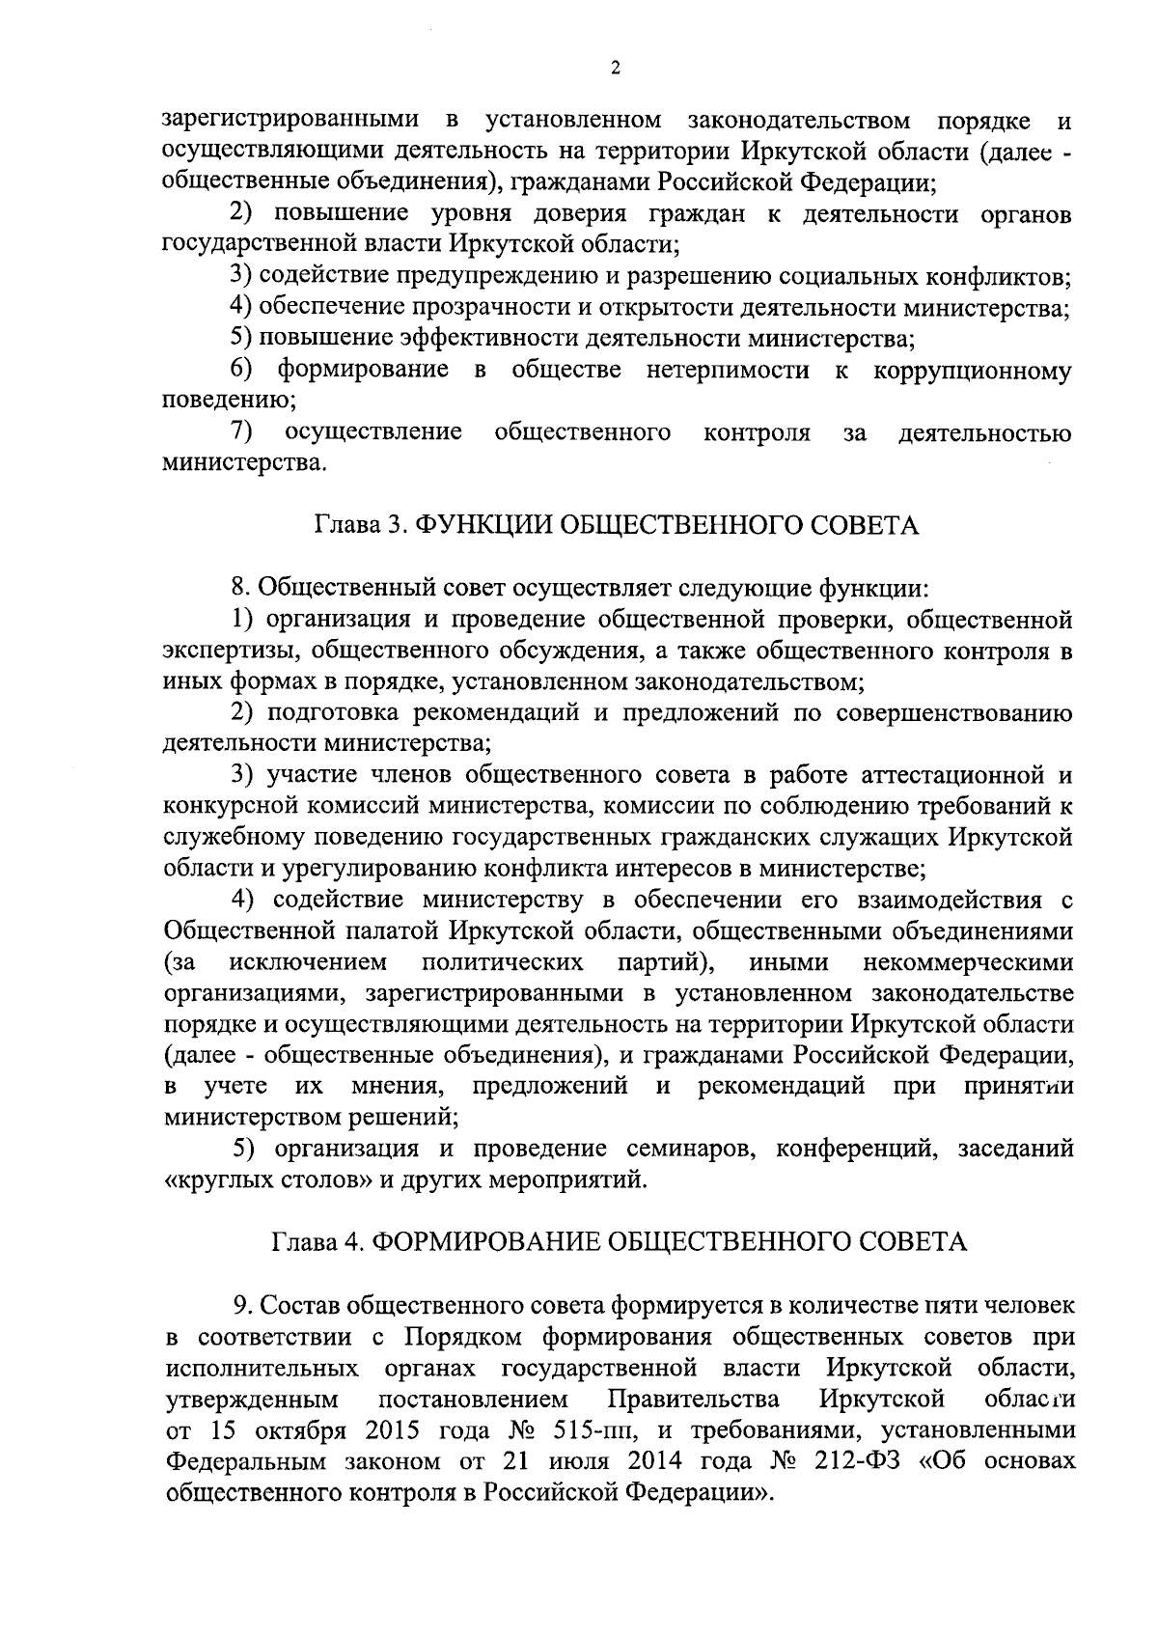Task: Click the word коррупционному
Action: click(972, 371)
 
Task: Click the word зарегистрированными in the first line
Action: click(291, 121)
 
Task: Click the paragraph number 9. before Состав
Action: click(242, 1306)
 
